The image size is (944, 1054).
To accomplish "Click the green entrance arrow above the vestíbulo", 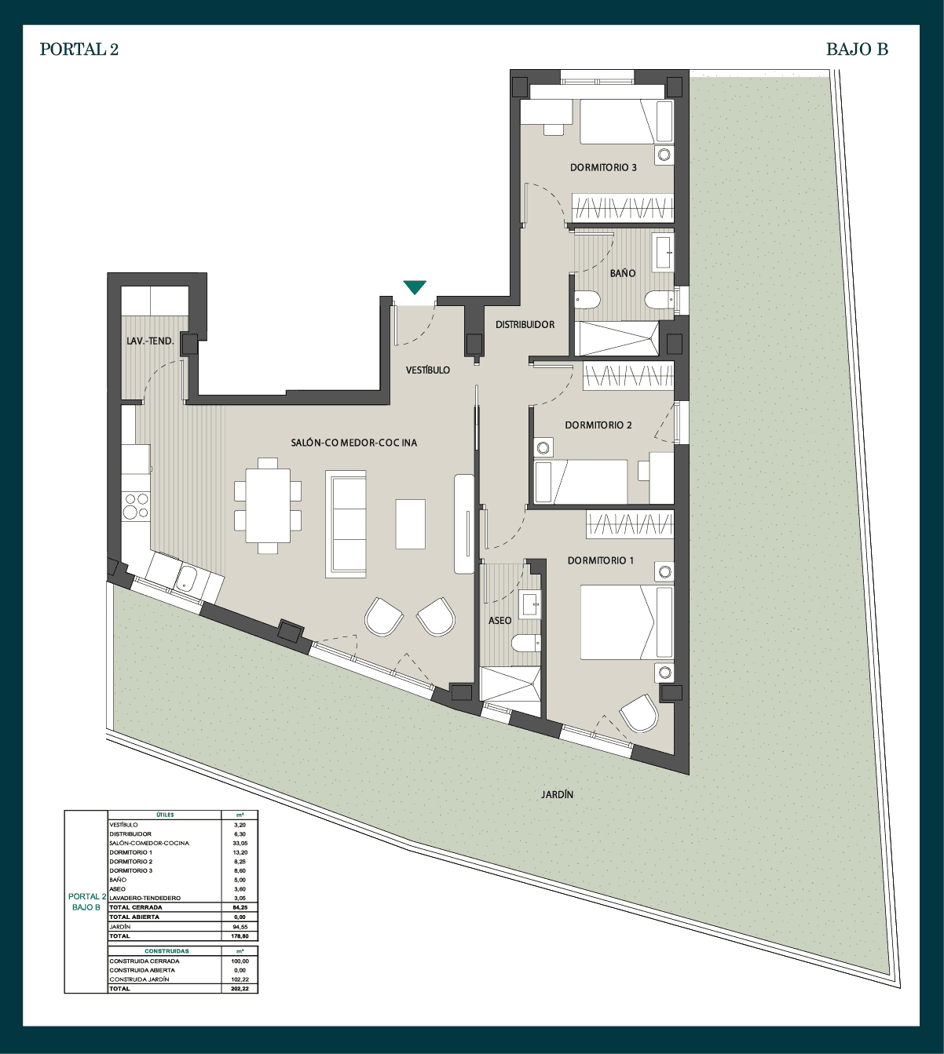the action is coord(415,286).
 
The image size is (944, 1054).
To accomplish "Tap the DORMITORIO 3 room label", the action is coord(603,167).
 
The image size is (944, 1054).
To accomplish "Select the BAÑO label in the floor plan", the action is coord(623,273).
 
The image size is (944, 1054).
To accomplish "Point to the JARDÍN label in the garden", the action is coord(557,794).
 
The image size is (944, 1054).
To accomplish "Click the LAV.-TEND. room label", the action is coord(150,341).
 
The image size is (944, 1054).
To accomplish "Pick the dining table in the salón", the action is coord(268,505).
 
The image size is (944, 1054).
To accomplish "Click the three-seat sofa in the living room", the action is coord(346,524).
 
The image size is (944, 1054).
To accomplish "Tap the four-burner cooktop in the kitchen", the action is coord(135,506).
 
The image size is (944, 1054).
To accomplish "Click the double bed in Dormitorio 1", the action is coord(627,622).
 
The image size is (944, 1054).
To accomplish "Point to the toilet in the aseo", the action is coord(526,644).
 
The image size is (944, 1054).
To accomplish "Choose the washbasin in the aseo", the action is coord(531,604).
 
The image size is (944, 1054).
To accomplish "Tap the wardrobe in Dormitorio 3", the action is coord(623,207).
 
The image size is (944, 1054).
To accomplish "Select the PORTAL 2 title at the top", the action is coord(79,49).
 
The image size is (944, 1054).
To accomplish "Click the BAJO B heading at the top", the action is coord(857,49).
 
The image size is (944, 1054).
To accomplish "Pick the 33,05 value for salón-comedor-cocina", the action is coord(240,844).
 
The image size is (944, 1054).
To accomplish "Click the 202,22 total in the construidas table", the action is coord(240,988).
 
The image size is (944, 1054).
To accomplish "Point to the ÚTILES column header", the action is coord(165,815).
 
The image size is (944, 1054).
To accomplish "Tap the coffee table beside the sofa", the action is coord(410,524).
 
